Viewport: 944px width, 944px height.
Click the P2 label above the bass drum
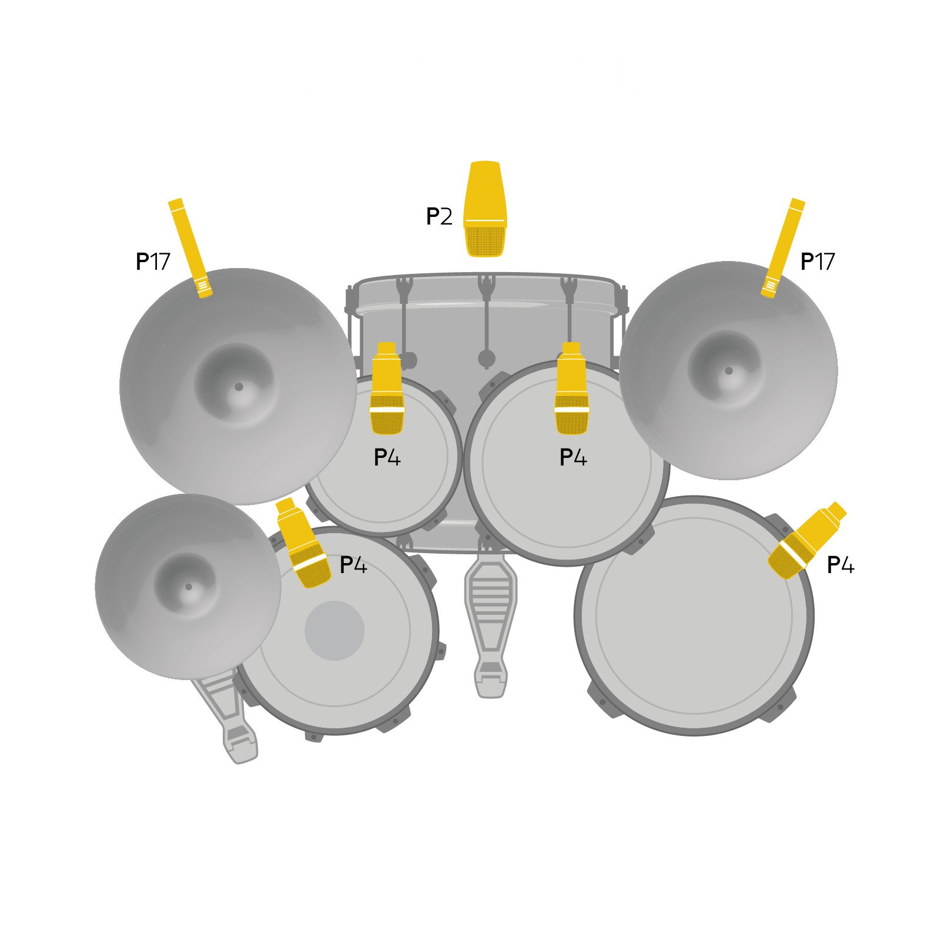pyautogui.click(x=439, y=217)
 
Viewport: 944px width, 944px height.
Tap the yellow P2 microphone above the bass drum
pyautogui.click(x=485, y=209)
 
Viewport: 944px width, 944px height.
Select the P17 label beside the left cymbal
pyautogui.click(x=153, y=262)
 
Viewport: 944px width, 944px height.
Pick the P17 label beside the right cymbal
pyautogui.click(x=817, y=262)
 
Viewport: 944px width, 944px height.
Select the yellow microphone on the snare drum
pyautogui.click(x=303, y=544)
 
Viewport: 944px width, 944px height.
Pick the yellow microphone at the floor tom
pyautogui.click(x=806, y=541)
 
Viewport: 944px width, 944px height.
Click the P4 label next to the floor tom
pyautogui.click(x=840, y=565)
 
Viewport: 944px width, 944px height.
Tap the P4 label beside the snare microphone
pyautogui.click(x=353, y=565)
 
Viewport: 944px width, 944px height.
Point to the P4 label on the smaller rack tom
pyautogui.click(x=387, y=457)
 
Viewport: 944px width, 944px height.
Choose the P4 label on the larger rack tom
pyautogui.click(x=573, y=457)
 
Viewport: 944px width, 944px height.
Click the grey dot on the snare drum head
pyautogui.click(x=334, y=631)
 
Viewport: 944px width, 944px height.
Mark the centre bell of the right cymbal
pyautogui.click(x=728, y=371)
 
